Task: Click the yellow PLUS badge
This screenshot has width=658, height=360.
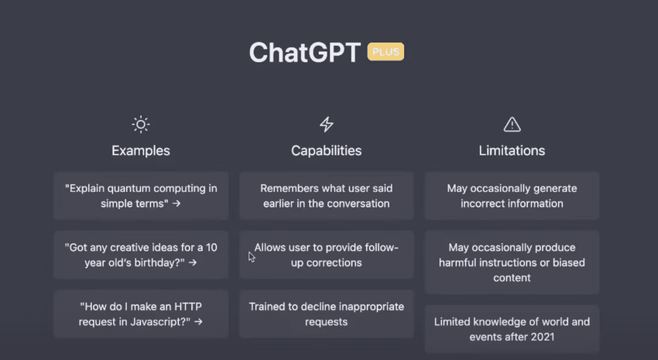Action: pyautogui.click(x=386, y=52)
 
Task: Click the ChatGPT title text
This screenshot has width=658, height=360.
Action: pyautogui.click(x=305, y=53)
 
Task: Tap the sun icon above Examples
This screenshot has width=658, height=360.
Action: pyautogui.click(x=141, y=124)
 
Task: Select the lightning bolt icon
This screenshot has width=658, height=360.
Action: pyautogui.click(x=327, y=124)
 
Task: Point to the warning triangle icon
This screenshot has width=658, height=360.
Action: pyautogui.click(x=512, y=124)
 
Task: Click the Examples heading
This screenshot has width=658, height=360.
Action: pyautogui.click(x=141, y=151)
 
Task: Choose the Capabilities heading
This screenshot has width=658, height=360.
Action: pyautogui.click(x=327, y=151)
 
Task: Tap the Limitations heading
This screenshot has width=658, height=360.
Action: pyautogui.click(x=512, y=151)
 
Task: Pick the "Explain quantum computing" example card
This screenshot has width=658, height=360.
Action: pyautogui.click(x=141, y=196)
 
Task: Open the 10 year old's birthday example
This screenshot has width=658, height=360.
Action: pyautogui.click(x=141, y=255)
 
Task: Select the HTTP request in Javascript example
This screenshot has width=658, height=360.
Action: pyautogui.click(x=141, y=314)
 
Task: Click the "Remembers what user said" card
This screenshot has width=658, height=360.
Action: pyautogui.click(x=327, y=196)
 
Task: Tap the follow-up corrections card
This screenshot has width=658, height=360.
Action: pyautogui.click(x=327, y=255)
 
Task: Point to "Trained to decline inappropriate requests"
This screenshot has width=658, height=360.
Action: pyautogui.click(x=327, y=314)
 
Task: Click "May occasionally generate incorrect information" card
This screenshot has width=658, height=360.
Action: pyautogui.click(x=512, y=196)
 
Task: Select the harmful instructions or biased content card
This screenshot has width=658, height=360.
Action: pyautogui.click(x=512, y=262)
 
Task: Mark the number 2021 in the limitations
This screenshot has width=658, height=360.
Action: pyautogui.click(x=541, y=337)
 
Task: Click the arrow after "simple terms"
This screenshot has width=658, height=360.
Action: pyautogui.click(x=176, y=204)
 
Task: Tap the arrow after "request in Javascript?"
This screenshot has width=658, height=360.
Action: pyautogui.click(x=198, y=322)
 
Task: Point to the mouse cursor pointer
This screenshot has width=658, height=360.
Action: pyautogui.click(x=251, y=257)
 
